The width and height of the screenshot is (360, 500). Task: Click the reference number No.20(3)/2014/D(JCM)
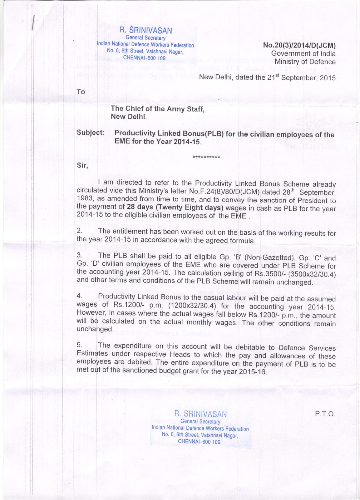[x=299, y=45]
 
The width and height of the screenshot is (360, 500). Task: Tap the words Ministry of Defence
[x=305, y=62]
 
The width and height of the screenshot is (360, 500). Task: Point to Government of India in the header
[x=303, y=53]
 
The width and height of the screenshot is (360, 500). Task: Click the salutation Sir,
[x=82, y=166]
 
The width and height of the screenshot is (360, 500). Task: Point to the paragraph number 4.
[x=79, y=296]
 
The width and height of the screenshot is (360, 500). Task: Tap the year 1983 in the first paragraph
[x=85, y=198]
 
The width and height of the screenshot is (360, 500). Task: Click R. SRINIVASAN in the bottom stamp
[x=200, y=414]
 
